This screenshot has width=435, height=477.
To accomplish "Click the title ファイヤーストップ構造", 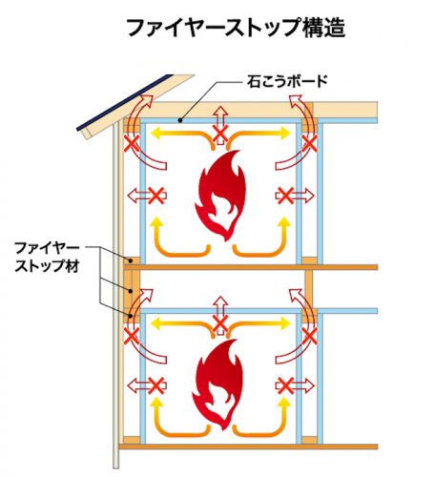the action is tap(236, 28).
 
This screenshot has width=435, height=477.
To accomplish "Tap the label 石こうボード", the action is tap(287, 81).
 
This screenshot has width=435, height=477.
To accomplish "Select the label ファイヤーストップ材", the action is tap(47, 257).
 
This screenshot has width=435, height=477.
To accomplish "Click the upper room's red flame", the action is tap(220, 196).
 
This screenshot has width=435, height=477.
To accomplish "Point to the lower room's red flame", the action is tap(218, 384).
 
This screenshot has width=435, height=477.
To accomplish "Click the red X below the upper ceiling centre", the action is tap(220, 134).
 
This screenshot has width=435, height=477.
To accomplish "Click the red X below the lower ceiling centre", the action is tap(220, 324).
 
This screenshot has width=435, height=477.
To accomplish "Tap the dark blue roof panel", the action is tap(125, 102).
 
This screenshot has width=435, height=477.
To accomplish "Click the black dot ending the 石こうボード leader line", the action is tap(180, 120).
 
